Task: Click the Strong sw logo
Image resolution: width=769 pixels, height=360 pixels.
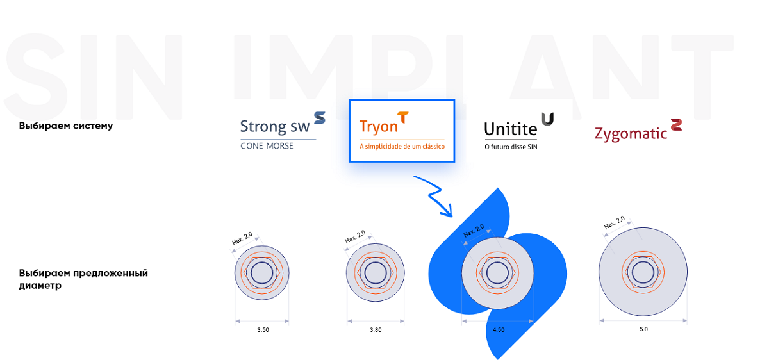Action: coord(283,131)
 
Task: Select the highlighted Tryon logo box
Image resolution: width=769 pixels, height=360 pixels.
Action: coord(402,131)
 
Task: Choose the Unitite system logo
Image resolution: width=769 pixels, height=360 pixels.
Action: coord(518,131)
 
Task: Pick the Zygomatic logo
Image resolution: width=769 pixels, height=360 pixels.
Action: coord(638,130)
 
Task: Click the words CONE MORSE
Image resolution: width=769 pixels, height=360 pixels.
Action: coord(267,146)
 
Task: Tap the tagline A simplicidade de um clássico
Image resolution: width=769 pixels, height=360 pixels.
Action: coord(402,147)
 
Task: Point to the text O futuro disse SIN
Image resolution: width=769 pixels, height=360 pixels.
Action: coord(511,147)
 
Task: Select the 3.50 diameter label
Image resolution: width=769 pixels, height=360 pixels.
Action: coord(263,330)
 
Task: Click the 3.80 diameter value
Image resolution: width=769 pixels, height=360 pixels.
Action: coord(376,330)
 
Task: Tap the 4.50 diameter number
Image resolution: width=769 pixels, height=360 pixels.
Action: coord(499,330)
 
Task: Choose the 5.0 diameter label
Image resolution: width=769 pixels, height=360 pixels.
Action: coord(643,329)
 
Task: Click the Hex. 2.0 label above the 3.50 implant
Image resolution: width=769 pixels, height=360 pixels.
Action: coord(242,238)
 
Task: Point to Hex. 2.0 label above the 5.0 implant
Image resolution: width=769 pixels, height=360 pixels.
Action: coord(615,223)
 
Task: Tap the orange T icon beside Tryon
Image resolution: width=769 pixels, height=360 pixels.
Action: coord(403,117)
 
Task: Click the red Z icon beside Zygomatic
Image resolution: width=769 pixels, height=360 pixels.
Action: coord(676,124)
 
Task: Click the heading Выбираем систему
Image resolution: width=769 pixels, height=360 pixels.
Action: coord(66,126)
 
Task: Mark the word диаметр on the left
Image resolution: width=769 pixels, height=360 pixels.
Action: coord(40,286)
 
